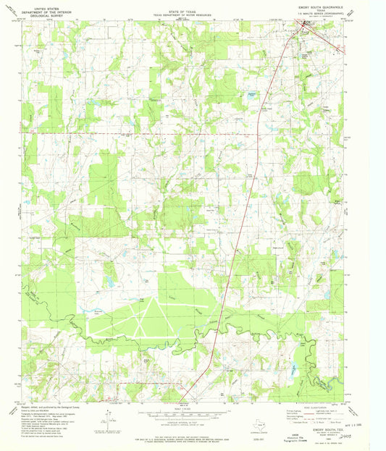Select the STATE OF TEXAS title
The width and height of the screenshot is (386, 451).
[x=178, y=7]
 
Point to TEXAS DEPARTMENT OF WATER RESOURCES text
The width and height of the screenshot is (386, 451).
[x=178, y=10]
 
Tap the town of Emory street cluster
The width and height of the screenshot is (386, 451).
[x=306, y=26]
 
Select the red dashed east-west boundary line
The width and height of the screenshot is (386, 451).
[x=145, y=133]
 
